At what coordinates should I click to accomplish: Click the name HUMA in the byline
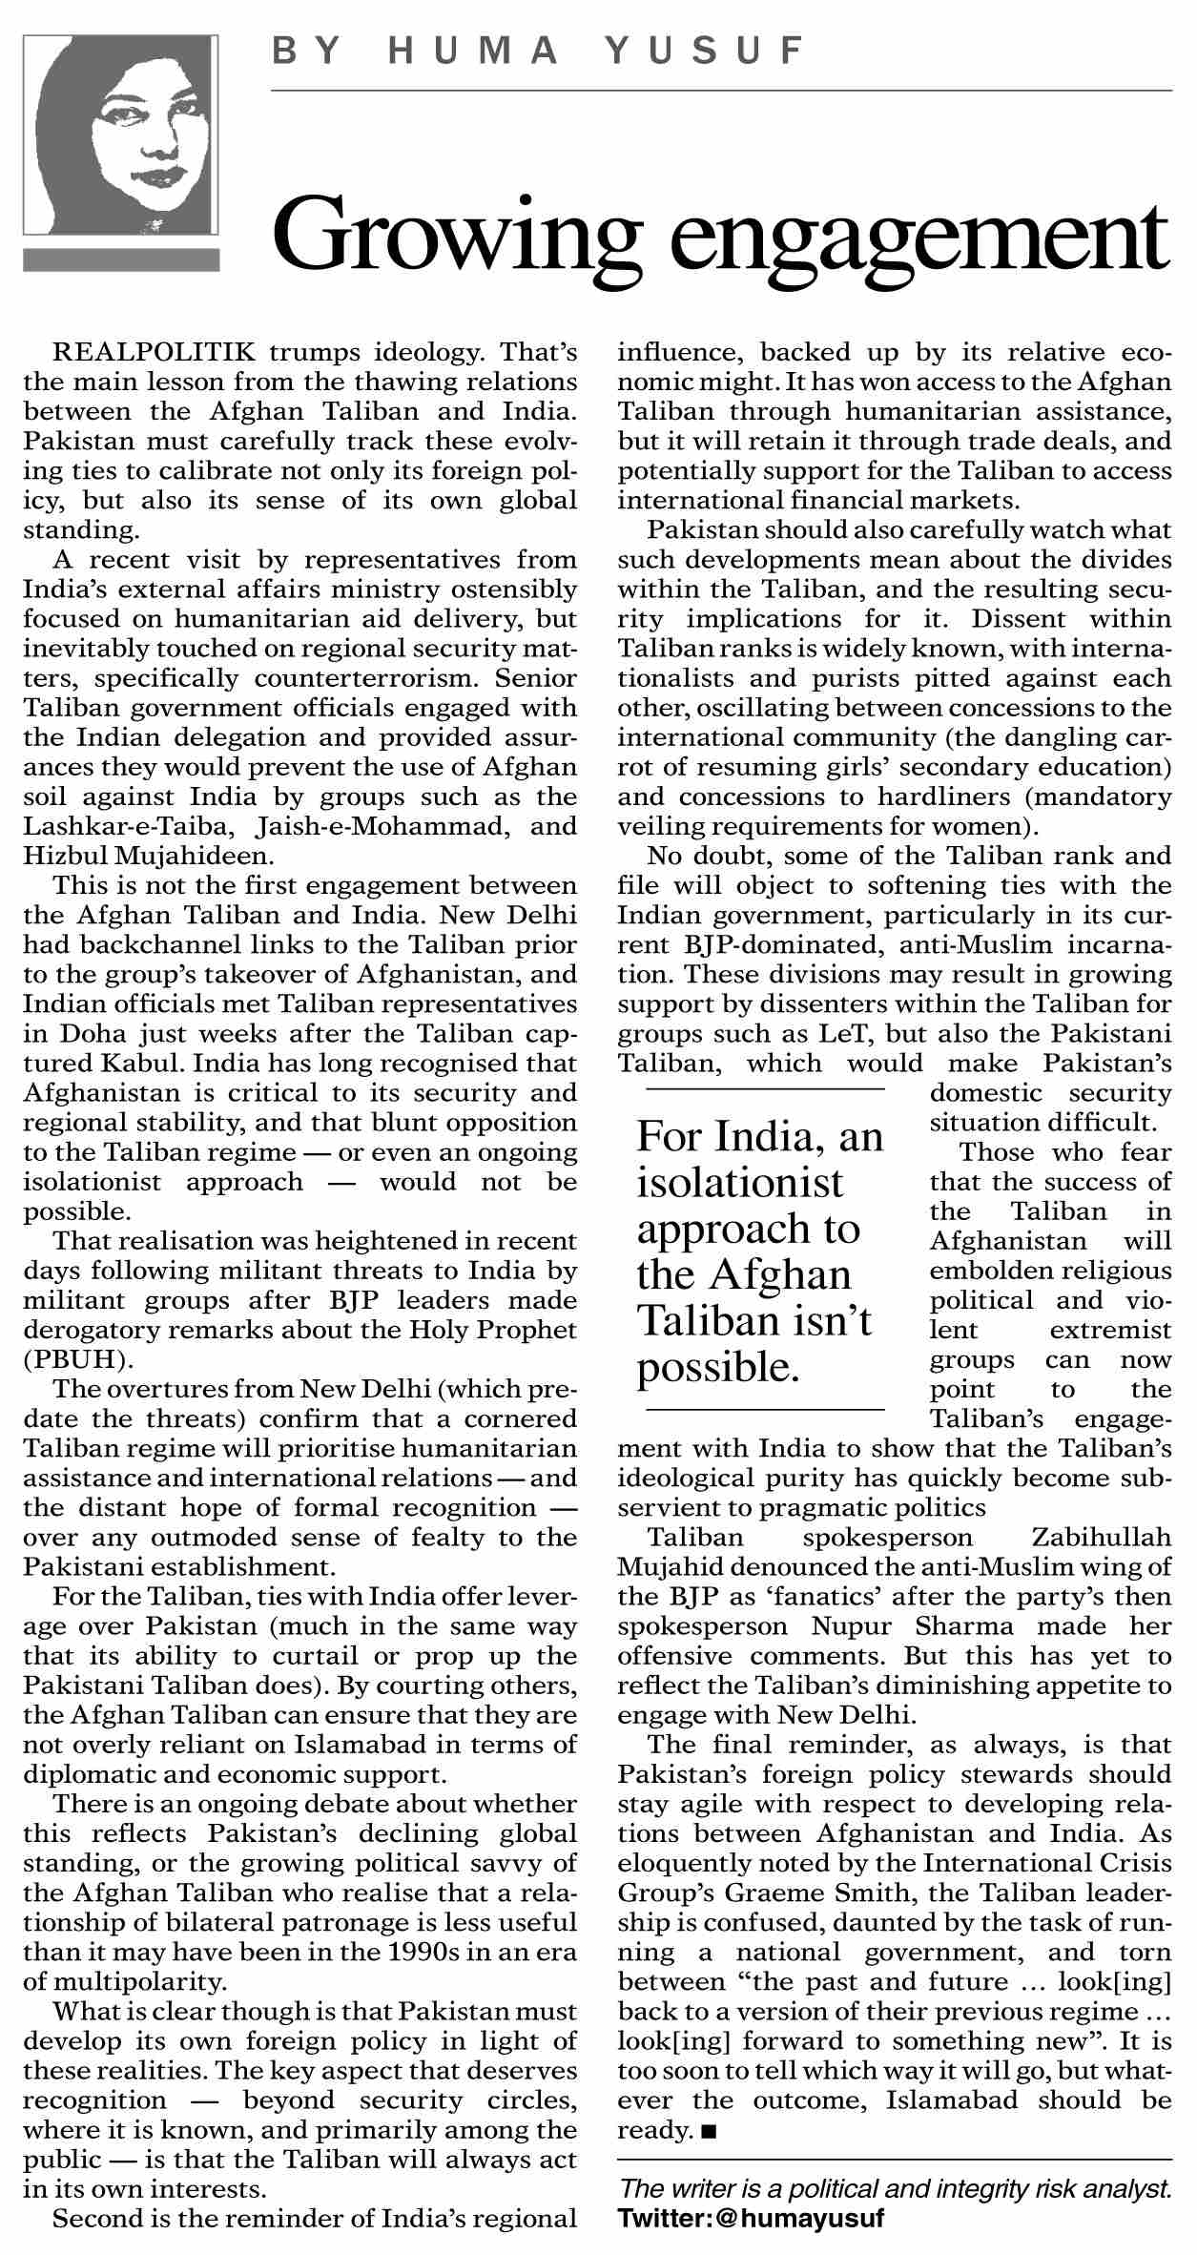(x=473, y=51)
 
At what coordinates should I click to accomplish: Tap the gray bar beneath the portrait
(x=121, y=259)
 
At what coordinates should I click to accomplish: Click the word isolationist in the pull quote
(x=740, y=1183)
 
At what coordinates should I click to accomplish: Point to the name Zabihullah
(x=1102, y=1538)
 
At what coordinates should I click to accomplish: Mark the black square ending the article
(x=708, y=2130)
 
